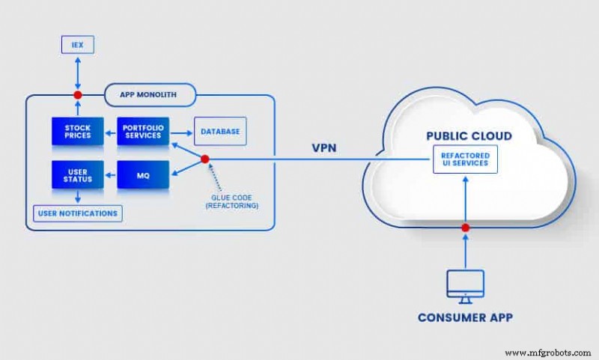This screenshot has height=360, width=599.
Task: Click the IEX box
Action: click(76, 46)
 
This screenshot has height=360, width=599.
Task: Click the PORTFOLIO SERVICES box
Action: click(143, 131)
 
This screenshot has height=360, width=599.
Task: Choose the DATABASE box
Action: click(219, 132)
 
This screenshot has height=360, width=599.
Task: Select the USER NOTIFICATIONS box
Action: click(77, 213)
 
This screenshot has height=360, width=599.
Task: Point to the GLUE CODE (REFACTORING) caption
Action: click(231, 201)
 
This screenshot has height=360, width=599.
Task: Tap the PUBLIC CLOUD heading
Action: click(469, 136)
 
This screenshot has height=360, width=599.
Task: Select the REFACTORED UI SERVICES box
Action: click(465, 159)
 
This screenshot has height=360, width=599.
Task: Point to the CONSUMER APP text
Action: click(465, 317)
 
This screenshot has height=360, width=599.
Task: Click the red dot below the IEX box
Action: click(76, 95)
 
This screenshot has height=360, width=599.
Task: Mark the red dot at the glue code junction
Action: click(204, 159)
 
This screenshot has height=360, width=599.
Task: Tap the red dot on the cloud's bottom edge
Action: click(465, 227)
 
